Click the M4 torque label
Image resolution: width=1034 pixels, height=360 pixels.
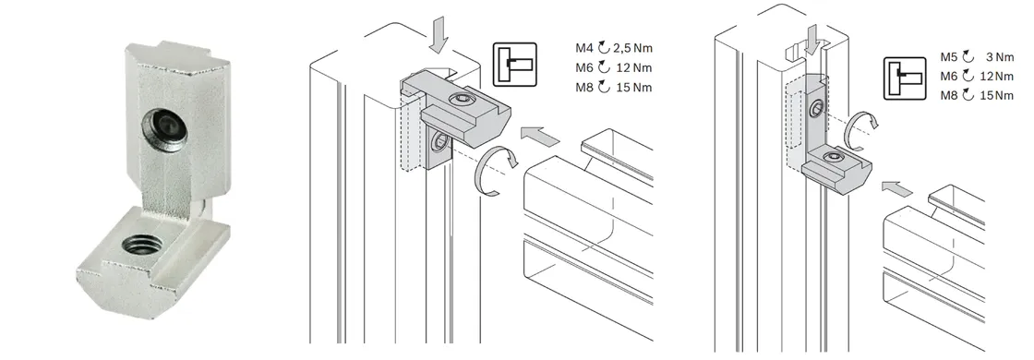tap(584, 48)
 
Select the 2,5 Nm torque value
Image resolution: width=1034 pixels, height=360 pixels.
tap(632, 48)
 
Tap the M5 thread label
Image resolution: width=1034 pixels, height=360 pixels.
tap(950, 57)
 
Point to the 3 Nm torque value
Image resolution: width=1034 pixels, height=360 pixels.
tap(999, 57)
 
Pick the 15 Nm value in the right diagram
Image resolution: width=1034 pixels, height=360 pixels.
tap(997, 96)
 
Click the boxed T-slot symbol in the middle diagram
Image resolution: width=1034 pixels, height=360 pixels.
tap(515, 64)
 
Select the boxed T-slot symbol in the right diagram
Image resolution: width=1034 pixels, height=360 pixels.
tap(905, 78)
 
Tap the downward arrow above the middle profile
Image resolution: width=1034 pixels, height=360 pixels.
tap(438, 36)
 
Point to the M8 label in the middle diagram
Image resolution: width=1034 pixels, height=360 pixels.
tap(584, 88)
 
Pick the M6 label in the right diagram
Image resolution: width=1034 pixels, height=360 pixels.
tap(950, 77)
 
